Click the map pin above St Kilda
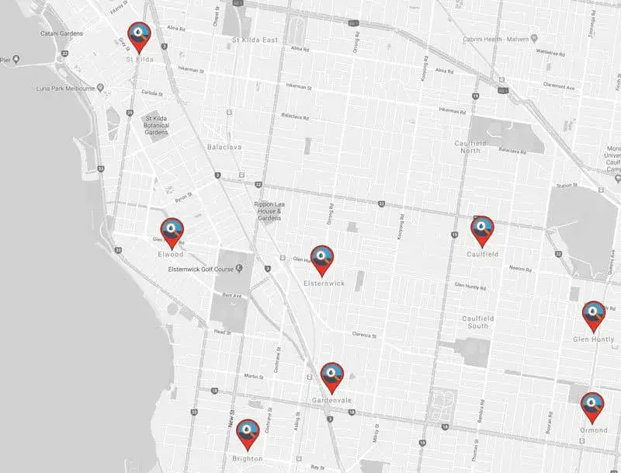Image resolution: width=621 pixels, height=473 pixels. tap(139, 36)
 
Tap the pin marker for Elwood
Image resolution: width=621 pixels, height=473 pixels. tap(172, 231)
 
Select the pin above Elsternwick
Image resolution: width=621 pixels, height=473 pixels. tap(321, 259)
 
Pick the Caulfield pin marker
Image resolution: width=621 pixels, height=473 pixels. tap(482, 230)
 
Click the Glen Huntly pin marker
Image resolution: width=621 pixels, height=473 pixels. tap(594, 315)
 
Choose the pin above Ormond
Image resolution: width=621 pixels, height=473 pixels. tap(592, 405)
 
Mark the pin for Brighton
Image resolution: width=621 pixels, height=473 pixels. tap(248, 433)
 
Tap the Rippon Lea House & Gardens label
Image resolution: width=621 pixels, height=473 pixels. tap(272, 210)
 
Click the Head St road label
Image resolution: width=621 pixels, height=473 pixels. tap(222, 332)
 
